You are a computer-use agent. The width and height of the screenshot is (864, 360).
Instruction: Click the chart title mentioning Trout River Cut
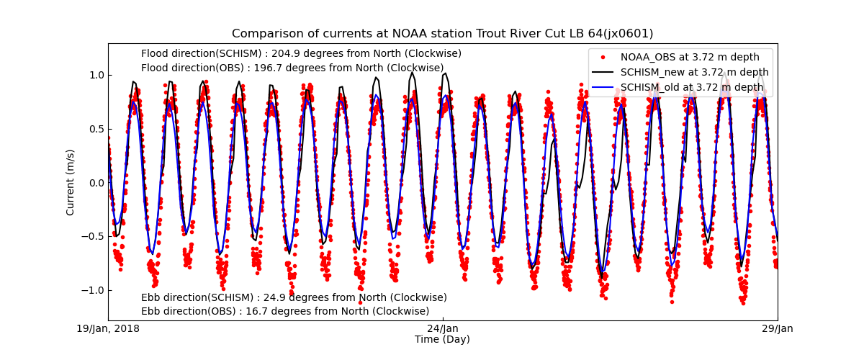(x=442, y=34)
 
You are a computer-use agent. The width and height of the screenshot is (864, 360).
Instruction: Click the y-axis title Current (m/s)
(x=71, y=181)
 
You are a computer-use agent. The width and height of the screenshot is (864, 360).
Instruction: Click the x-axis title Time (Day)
(x=442, y=339)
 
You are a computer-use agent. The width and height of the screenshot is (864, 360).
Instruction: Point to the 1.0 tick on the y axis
(x=95, y=75)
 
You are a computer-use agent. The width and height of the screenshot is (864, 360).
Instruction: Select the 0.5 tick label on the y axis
(x=95, y=129)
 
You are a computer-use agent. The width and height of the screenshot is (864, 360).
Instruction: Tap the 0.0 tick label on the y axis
(x=95, y=182)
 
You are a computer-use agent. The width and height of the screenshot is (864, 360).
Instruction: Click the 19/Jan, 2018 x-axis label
(x=108, y=329)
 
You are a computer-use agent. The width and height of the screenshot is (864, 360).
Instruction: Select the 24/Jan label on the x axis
(x=443, y=329)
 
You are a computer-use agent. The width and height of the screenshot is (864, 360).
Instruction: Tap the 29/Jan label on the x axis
(x=778, y=329)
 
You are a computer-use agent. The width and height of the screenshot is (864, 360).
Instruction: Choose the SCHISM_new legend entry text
(x=694, y=72)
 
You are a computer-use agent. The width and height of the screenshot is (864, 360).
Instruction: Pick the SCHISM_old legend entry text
(x=692, y=87)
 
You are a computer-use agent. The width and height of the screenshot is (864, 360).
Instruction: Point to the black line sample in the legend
(x=603, y=72)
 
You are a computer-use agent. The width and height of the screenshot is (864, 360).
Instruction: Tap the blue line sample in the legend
(x=603, y=87)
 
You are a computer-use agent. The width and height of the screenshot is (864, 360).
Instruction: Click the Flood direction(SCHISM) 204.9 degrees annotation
(x=301, y=53)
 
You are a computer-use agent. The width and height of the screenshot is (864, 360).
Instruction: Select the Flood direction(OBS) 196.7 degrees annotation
(x=292, y=68)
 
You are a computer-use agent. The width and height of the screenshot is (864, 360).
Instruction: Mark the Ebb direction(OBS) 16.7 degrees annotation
(x=285, y=311)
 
